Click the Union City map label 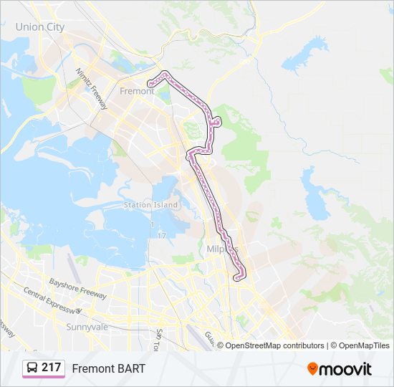point(40,27)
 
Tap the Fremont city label point(137,91)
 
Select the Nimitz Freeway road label point(92,89)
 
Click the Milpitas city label point(222,248)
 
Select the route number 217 point(51,368)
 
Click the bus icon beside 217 point(32,368)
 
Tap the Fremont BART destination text point(108,368)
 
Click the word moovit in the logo point(345,368)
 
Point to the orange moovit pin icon point(312,368)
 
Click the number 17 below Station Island point(161,235)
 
